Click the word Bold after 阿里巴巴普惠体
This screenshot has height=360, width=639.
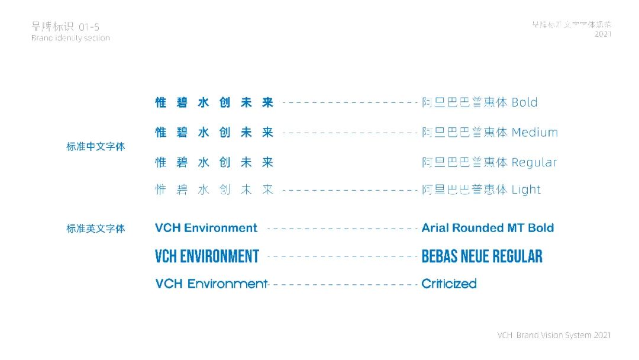pyautogui.click(x=524, y=102)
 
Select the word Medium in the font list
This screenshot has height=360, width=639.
pyautogui.click(x=535, y=133)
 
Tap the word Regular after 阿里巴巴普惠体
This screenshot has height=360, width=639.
pyautogui.click(x=534, y=162)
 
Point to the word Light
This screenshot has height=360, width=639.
pyautogui.click(x=526, y=190)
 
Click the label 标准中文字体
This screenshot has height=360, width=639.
pyautogui.click(x=96, y=147)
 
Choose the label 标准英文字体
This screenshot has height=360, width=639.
pyautogui.click(x=96, y=229)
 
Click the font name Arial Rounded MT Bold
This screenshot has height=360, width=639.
pyautogui.click(x=488, y=228)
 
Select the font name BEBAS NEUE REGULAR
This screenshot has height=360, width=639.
pyautogui.click(x=482, y=256)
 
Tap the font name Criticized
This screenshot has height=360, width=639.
pyautogui.click(x=449, y=284)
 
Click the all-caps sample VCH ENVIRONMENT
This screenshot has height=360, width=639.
pyautogui.click(x=207, y=256)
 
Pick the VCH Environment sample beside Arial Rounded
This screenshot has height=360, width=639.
pyautogui.click(x=206, y=228)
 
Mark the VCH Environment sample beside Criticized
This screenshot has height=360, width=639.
pyautogui.click(x=211, y=284)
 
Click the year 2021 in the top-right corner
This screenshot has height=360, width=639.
pyautogui.click(x=603, y=34)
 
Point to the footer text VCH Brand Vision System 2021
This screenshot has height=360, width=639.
pyautogui.click(x=554, y=336)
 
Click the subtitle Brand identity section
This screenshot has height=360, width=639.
pyautogui.click(x=70, y=38)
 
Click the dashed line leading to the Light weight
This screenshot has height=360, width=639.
pyautogui.click(x=350, y=190)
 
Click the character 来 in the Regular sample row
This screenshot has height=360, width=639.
pyautogui.click(x=267, y=162)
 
